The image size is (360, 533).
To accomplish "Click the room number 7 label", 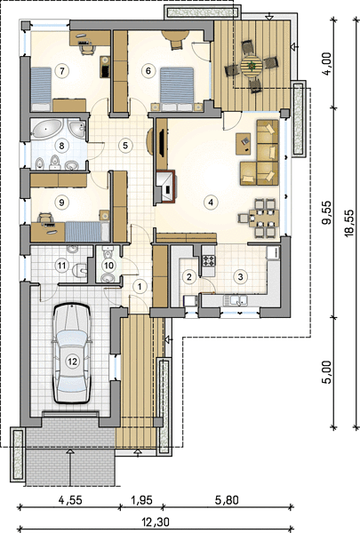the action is [61, 71].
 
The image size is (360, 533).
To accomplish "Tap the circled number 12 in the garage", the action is [73, 362].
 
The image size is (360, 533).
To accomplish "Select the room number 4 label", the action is [211, 203].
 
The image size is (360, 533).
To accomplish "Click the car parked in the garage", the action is [71, 354].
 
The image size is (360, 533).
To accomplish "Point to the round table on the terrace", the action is [252, 65].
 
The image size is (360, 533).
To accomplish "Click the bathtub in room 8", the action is [46, 129].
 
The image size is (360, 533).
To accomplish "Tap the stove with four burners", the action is [209, 261].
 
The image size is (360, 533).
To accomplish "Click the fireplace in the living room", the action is [166, 187].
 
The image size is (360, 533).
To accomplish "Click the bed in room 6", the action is [177, 88].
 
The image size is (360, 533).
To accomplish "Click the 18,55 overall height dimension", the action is [349, 223].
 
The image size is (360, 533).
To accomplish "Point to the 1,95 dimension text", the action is [140, 500].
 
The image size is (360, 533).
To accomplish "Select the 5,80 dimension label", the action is [227, 500].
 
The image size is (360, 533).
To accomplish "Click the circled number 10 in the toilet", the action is [108, 265].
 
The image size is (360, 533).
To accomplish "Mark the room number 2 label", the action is [189, 276].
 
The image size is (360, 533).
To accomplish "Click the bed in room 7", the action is [41, 89].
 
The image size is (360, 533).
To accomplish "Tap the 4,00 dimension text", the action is [326, 64].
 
